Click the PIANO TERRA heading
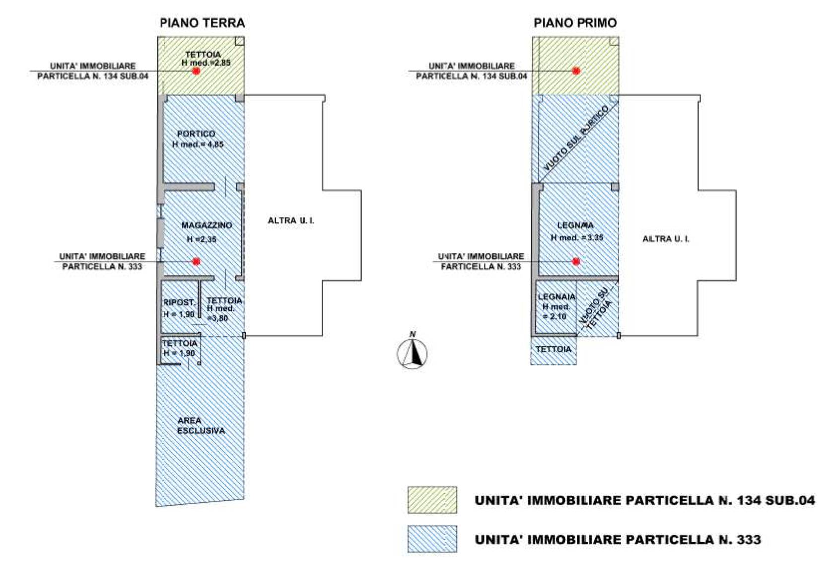[x=202, y=23]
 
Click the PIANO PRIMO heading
[x=575, y=23]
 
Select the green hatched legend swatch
[x=432, y=500]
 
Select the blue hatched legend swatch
[x=432, y=539]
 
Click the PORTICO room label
[x=196, y=134]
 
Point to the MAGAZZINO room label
[x=207, y=225]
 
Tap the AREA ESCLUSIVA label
[x=201, y=426]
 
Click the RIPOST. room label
[x=179, y=302]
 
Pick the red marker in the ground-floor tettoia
[x=196, y=71]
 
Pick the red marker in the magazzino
[x=196, y=261]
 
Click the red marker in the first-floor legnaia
[x=576, y=261]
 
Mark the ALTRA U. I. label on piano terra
[x=290, y=220]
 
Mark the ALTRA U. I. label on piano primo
[x=665, y=239]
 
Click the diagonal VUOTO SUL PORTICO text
[x=576, y=138]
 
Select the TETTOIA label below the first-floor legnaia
[x=554, y=350]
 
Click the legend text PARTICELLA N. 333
[x=618, y=540]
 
